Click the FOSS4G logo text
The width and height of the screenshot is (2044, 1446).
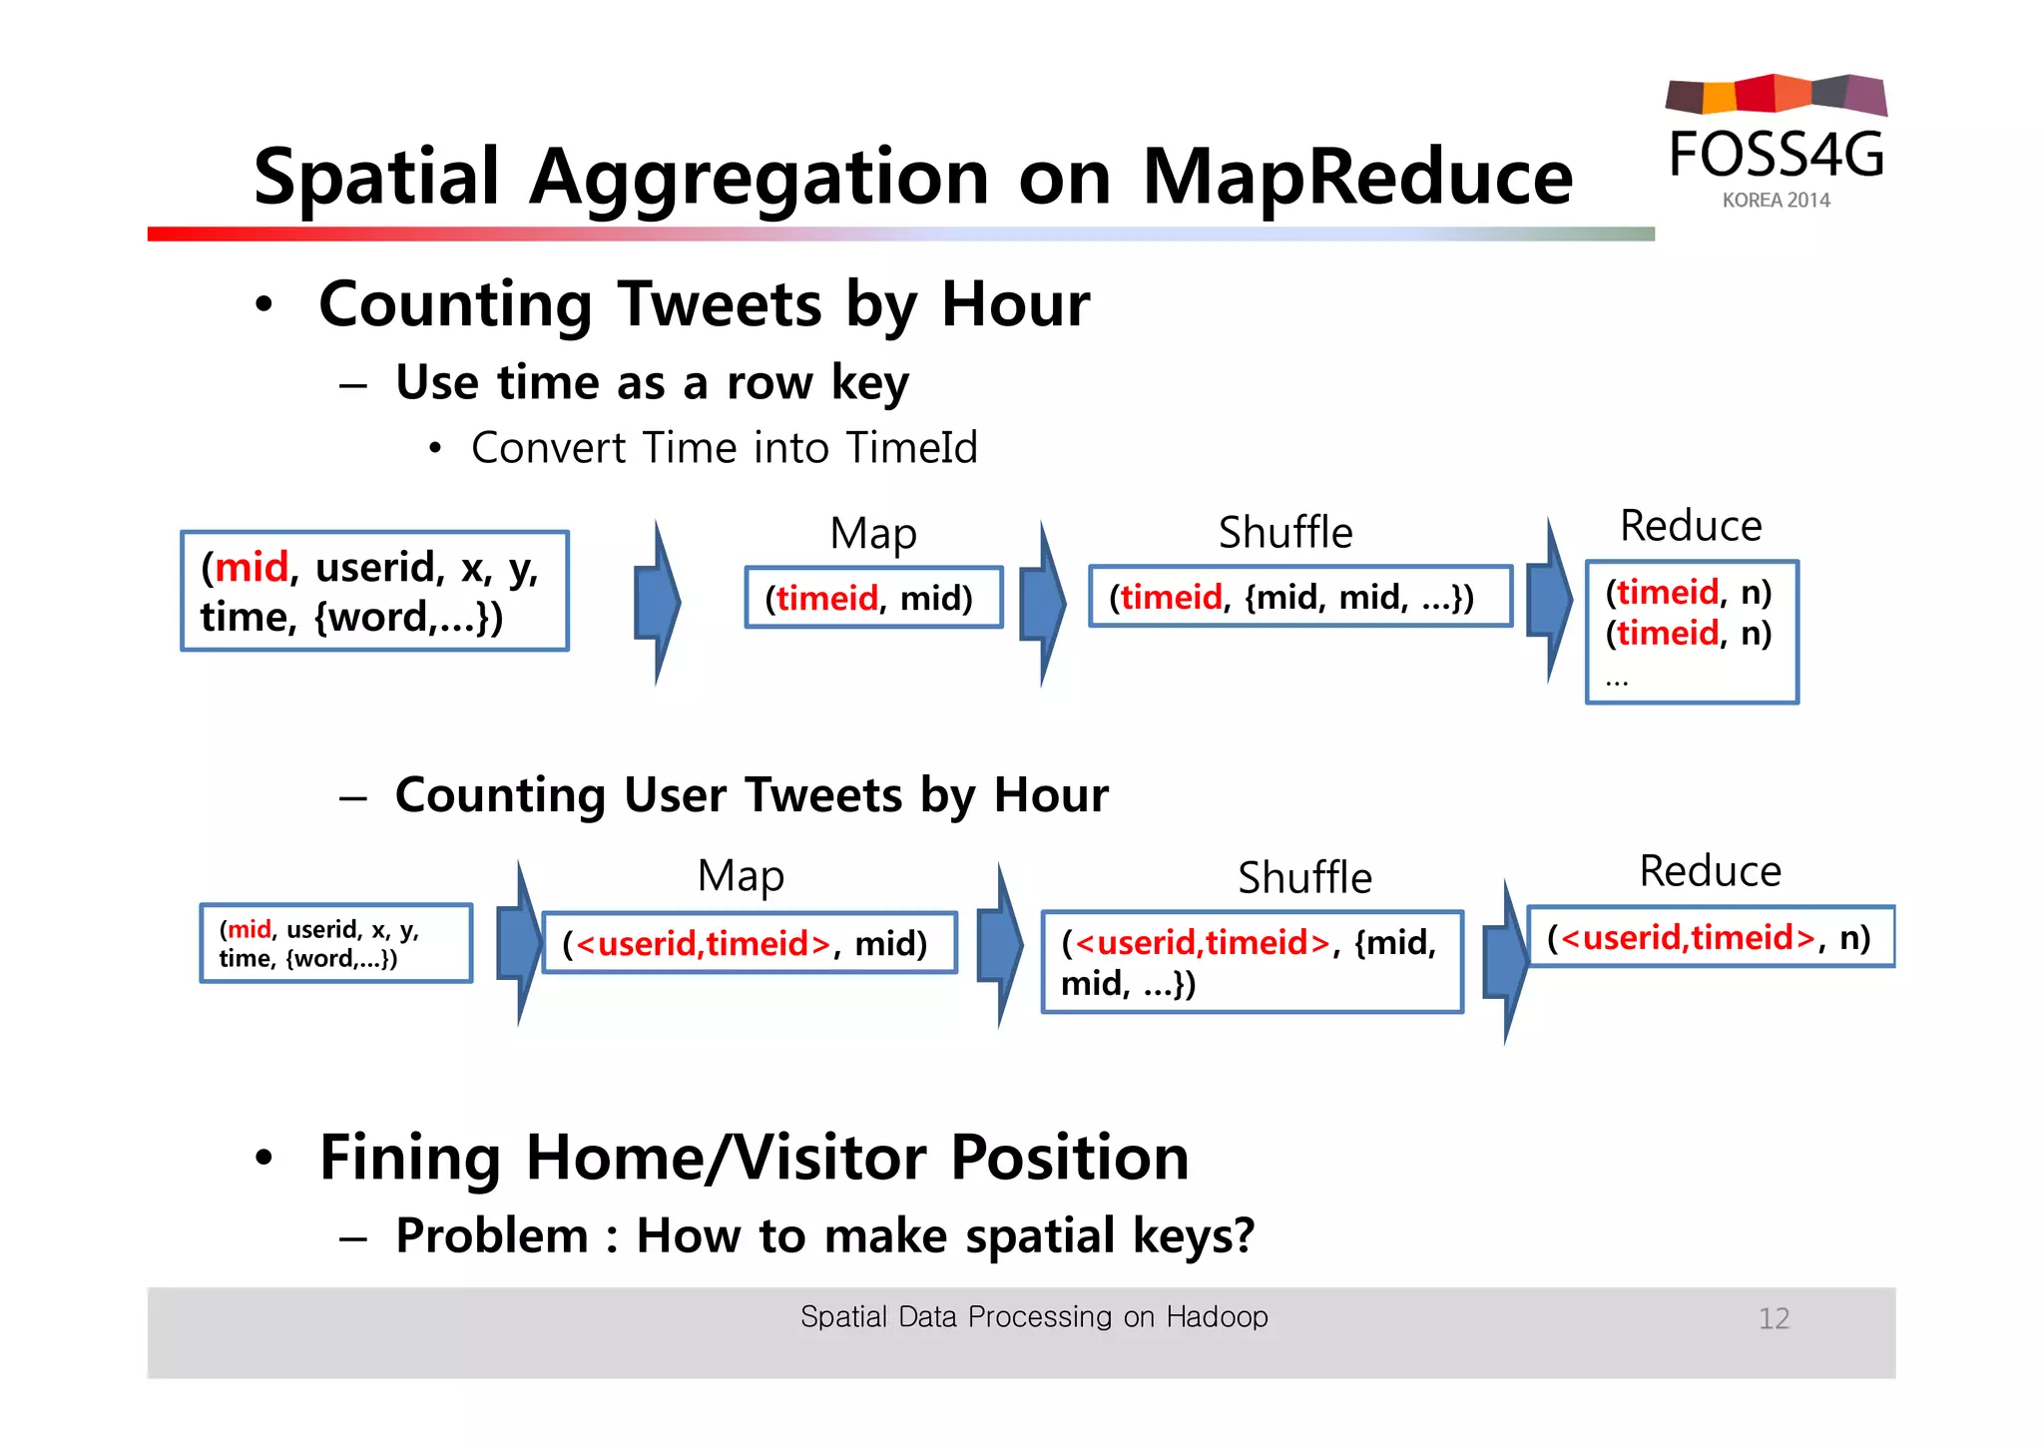(1777, 155)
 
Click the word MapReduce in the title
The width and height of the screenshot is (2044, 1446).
(1356, 178)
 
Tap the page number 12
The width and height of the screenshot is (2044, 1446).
(1774, 1318)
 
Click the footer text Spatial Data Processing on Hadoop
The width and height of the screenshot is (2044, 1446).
(1034, 1316)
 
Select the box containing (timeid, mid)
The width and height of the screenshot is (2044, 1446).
(873, 598)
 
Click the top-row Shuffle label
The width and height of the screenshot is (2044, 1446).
(1285, 533)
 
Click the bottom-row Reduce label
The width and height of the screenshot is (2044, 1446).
(1710, 871)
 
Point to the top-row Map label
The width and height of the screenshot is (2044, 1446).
(873, 534)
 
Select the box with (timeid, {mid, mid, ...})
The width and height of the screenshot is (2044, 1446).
(1299, 597)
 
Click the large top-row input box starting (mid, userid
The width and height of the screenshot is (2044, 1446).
(374, 591)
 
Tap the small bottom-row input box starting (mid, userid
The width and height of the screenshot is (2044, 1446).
(335, 943)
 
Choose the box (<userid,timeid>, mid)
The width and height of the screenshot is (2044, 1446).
(749, 943)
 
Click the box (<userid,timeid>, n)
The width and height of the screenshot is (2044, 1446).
(1710, 937)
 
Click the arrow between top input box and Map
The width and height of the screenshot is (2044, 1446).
(658, 602)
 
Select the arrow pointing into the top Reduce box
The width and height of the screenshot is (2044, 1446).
(1549, 600)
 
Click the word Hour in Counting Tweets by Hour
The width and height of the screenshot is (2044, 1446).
(1015, 304)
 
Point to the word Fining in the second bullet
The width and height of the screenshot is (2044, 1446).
(410, 1158)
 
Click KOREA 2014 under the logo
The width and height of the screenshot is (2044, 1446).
(1776, 201)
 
